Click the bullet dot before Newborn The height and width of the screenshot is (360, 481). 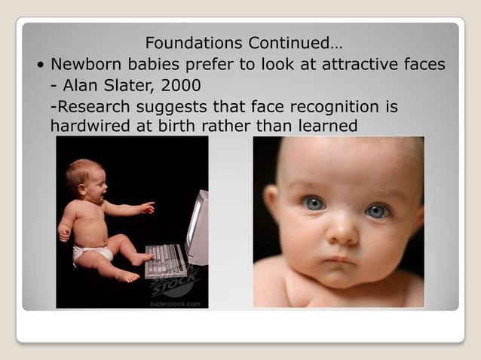point(39,65)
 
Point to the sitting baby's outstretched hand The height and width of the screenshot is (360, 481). point(147,207)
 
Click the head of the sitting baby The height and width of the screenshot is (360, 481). point(84,177)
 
